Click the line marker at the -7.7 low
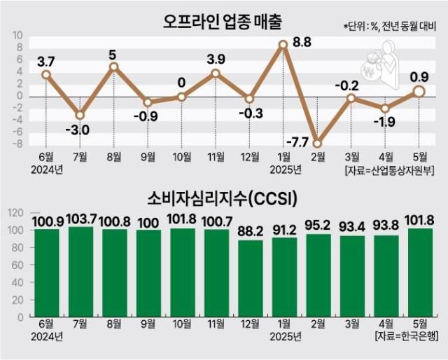(317, 143)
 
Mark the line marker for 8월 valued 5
(113, 67)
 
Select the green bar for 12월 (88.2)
(250, 279)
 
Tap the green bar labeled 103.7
(80, 272)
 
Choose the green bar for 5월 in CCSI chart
(419, 272)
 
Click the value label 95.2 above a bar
(318, 225)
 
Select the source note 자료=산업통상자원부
(396, 169)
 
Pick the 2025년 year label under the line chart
(285, 169)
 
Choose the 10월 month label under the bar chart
(182, 324)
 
